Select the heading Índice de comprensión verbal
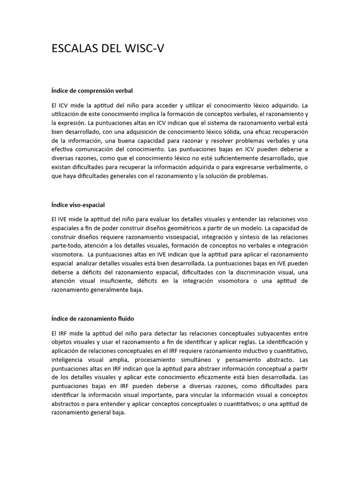point(89,90)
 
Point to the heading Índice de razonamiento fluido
point(93,319)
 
